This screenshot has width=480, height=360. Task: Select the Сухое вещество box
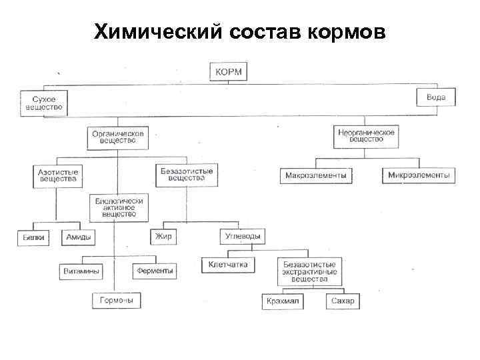43,102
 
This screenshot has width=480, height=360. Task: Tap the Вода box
436,98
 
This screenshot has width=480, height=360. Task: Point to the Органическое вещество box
119,137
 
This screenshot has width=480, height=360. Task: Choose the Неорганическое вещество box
366,136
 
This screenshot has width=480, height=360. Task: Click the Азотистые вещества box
57,175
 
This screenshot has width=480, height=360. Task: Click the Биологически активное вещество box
119,208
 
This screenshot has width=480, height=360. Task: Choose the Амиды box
79,237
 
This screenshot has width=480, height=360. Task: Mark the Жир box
163,237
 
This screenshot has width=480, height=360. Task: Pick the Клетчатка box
228,265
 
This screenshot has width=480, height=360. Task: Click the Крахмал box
283,302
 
